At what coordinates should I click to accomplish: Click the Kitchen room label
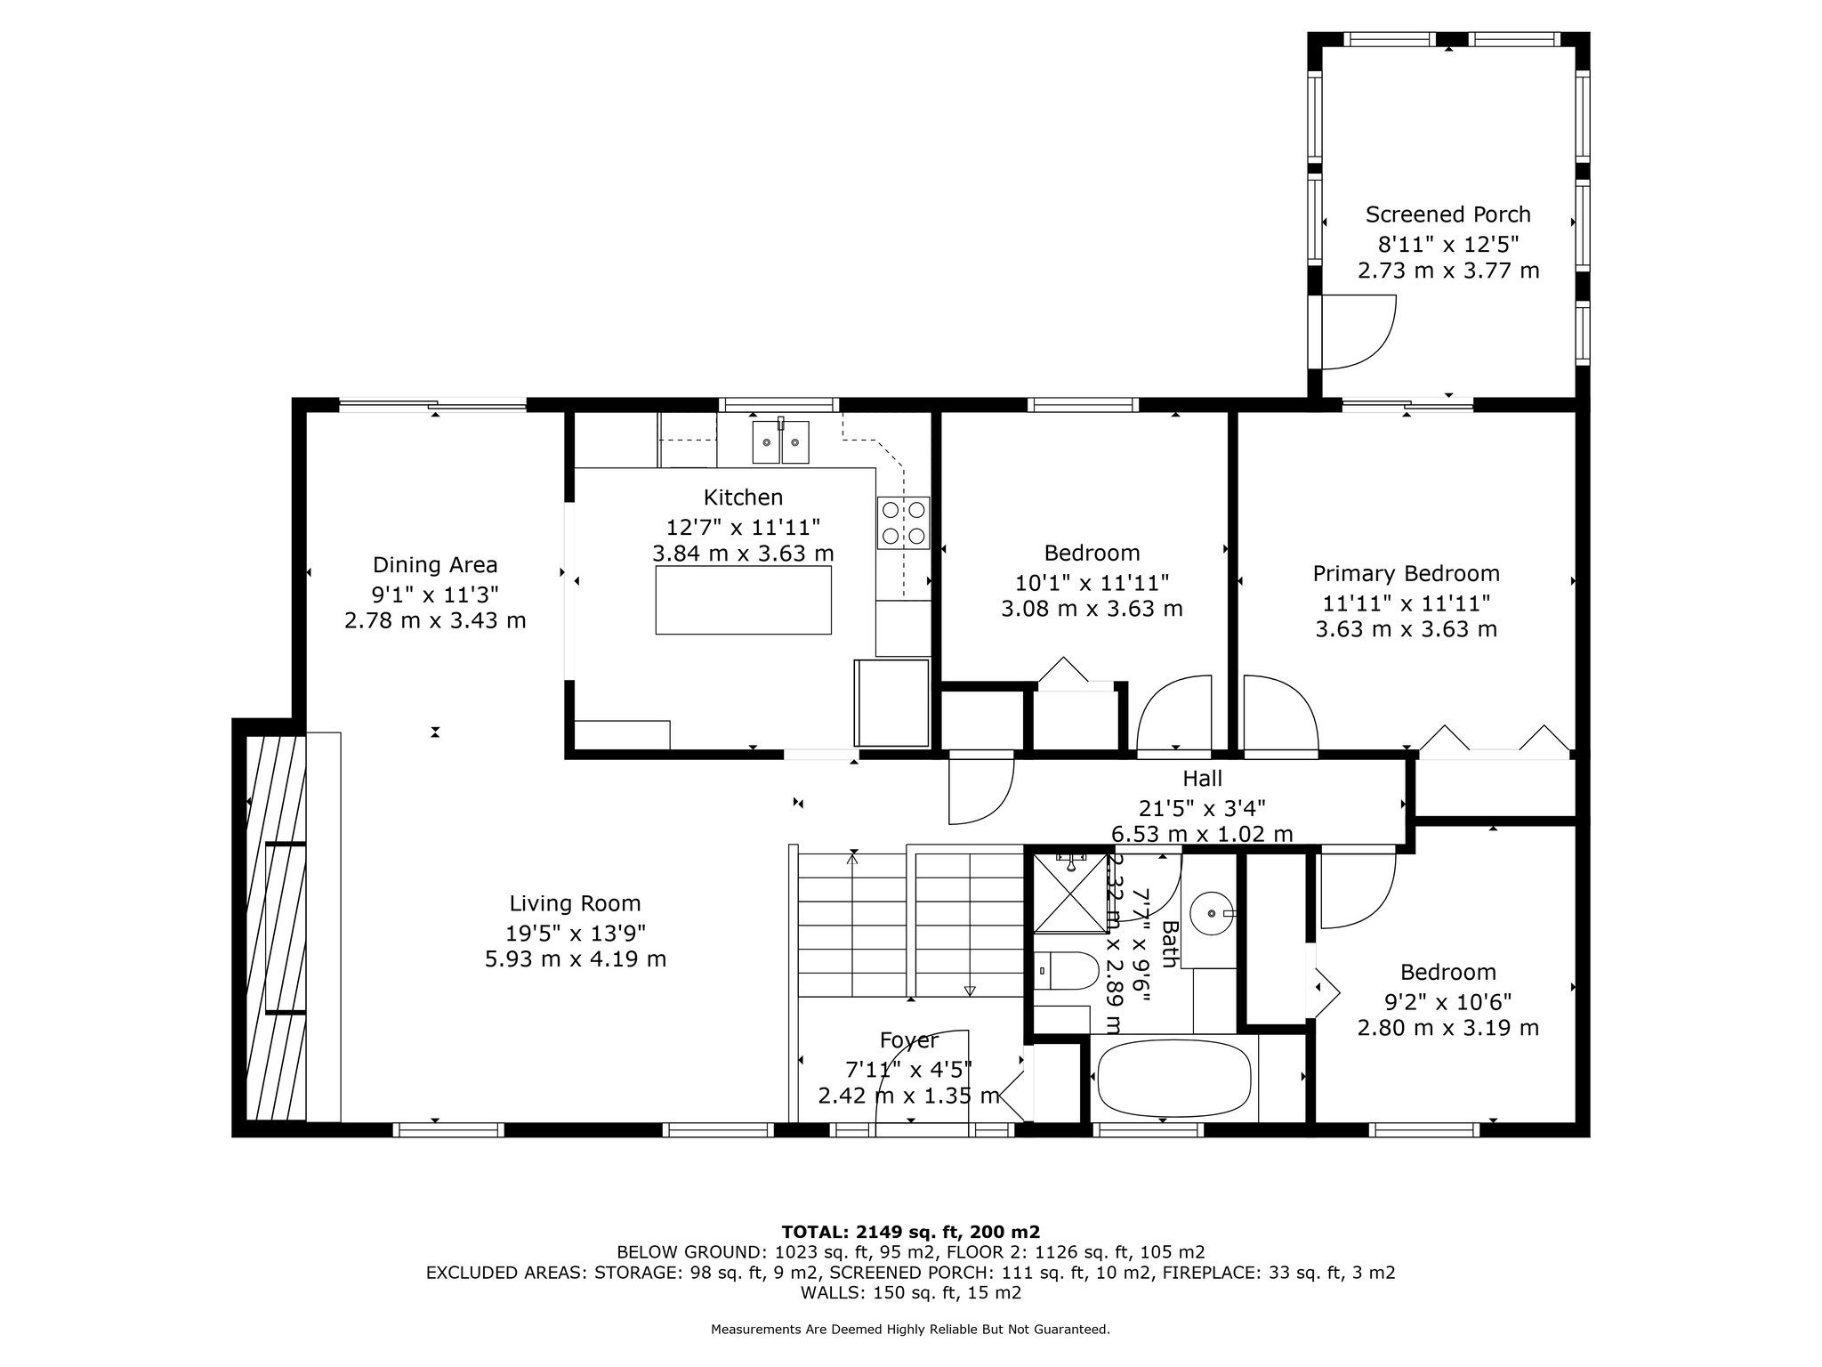(743, 497)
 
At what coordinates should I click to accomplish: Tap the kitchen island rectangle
(743, 600)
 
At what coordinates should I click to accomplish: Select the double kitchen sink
(781, 442)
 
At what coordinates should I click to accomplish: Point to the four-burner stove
(904, 522)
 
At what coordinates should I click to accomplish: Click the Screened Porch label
(1448, 214)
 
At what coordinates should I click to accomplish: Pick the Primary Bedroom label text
(1407, 574)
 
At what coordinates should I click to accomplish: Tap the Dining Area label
(435, 565)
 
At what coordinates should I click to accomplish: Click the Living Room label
(575, 903)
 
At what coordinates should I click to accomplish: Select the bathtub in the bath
(1174, 1079)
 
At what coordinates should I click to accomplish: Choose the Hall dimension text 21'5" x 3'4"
(1202, 808)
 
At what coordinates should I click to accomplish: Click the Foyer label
(908, 1040)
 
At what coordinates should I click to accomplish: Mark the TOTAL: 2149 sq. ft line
(910, 1233)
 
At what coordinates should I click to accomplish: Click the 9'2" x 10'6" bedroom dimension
(1447, 1000)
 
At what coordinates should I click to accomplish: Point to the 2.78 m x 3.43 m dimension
(435, 620)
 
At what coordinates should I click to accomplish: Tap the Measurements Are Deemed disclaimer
(910, 1330)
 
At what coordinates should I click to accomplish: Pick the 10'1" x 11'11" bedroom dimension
(1092, 583)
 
